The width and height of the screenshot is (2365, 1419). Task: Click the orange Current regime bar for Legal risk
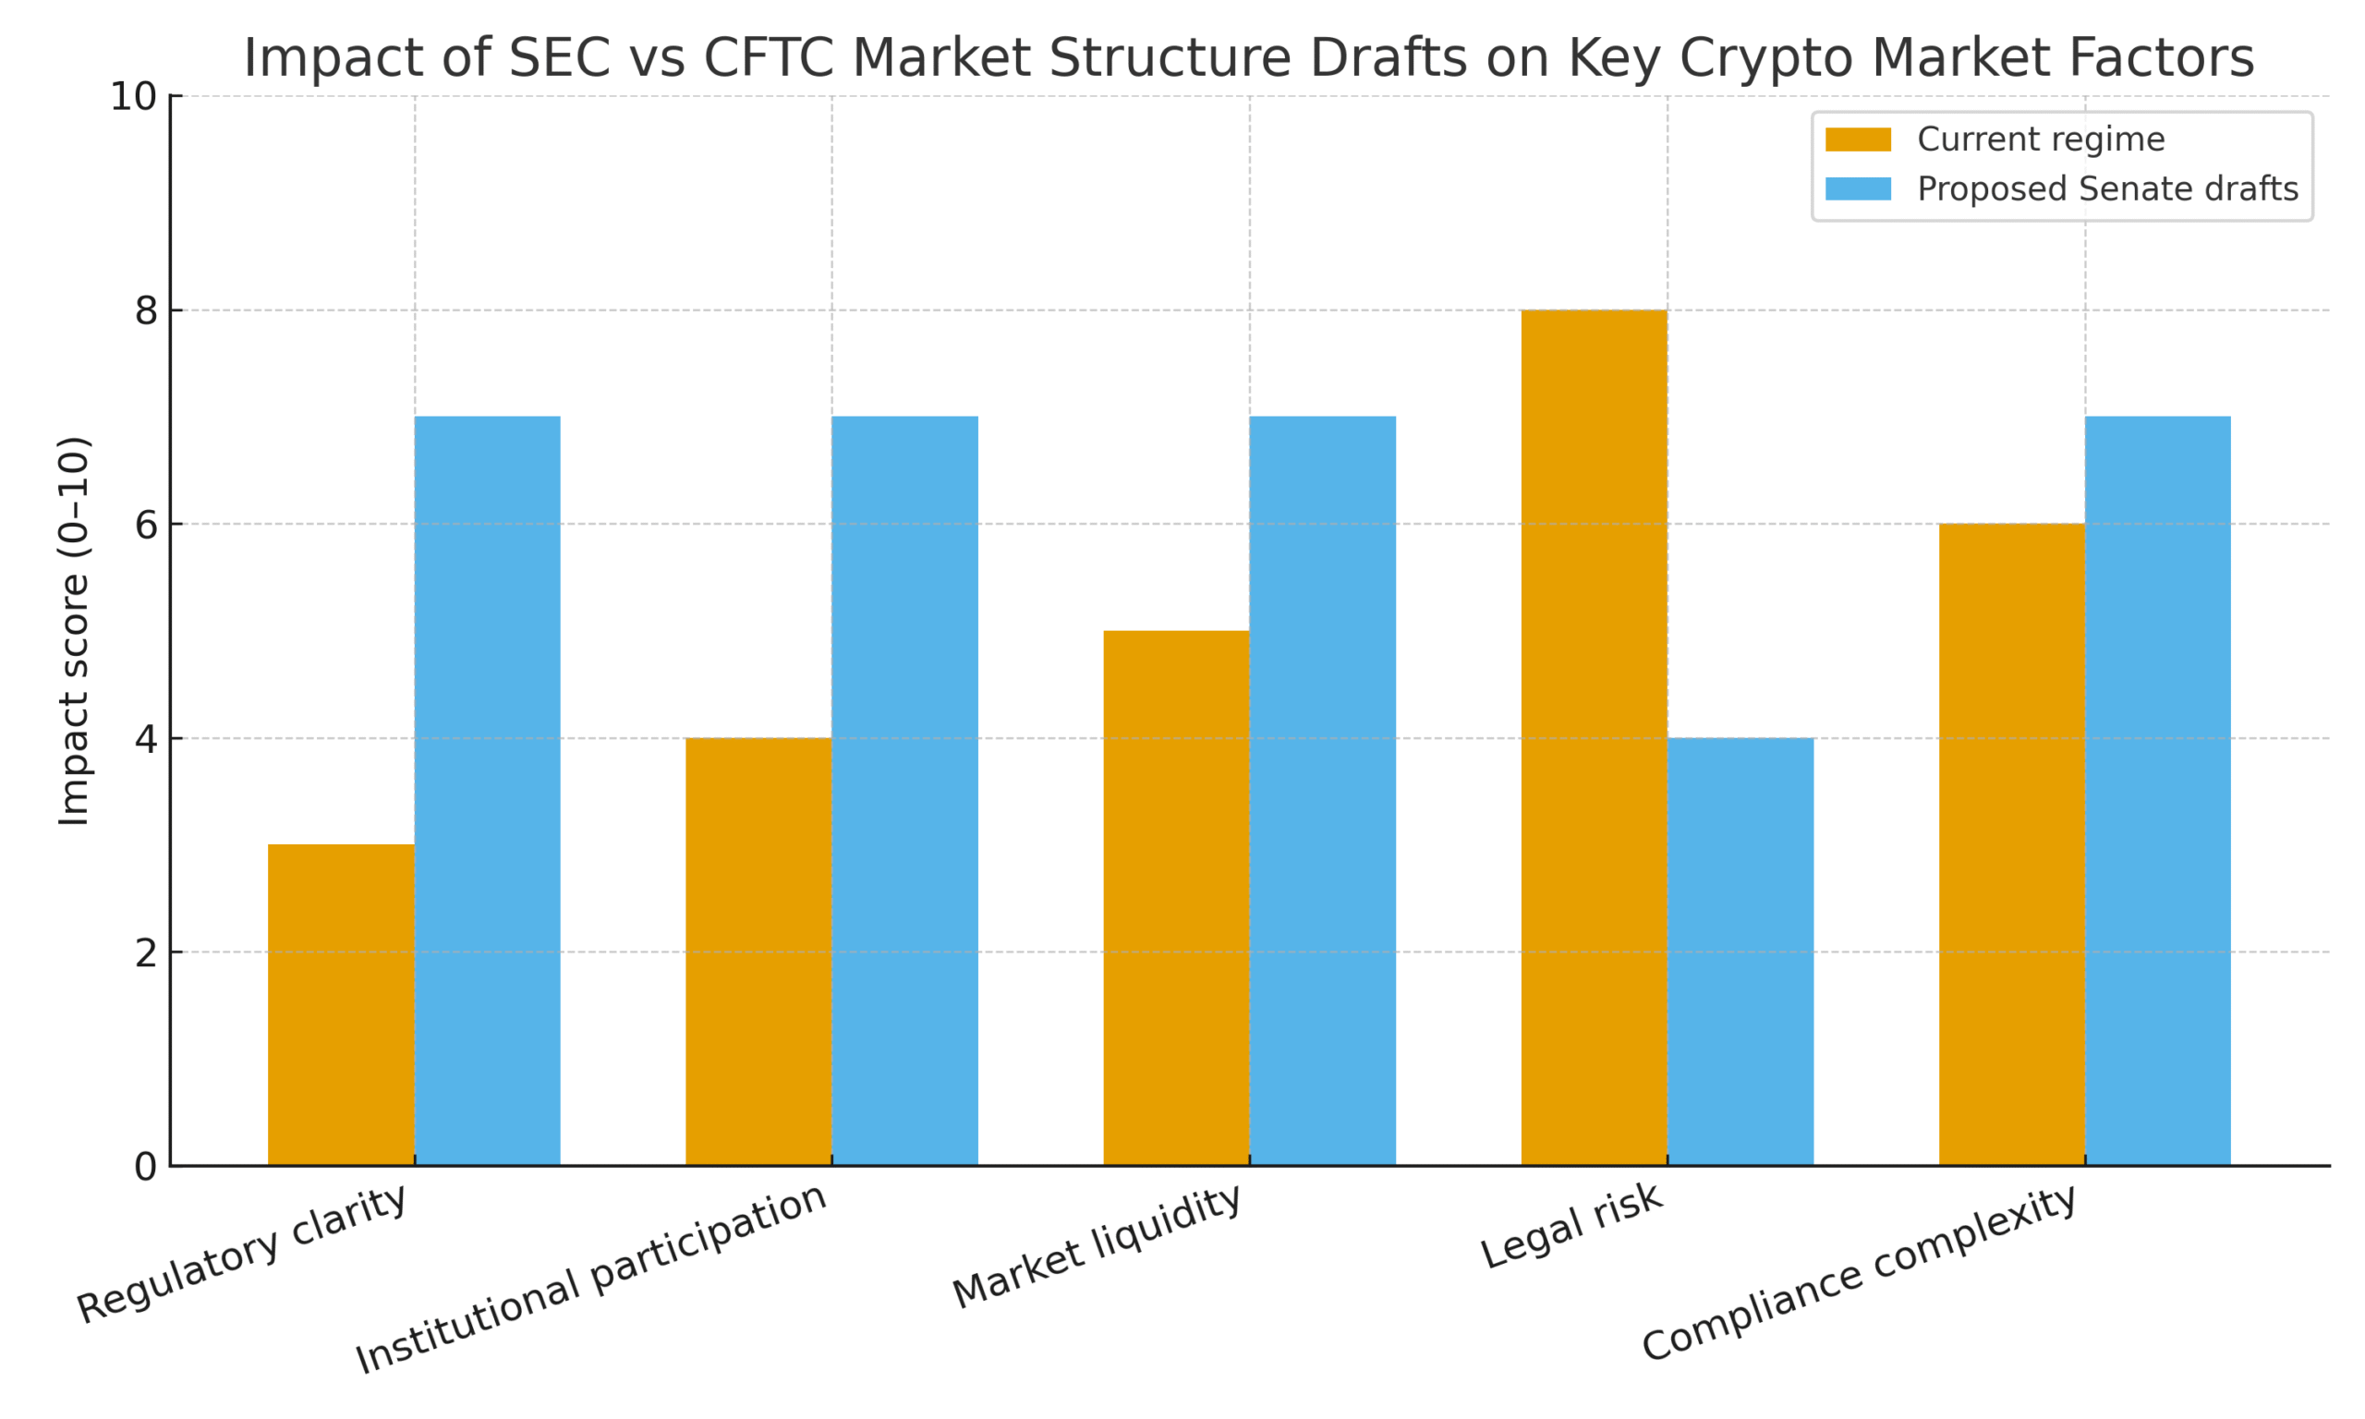pos(1594,737)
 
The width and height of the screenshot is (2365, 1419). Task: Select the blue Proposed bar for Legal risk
pos(1740,952)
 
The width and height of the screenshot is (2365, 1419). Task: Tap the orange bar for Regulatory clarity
pos(340,1004)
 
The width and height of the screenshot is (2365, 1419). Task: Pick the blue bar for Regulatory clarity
pos(488,791)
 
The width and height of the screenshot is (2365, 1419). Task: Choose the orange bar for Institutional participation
pos(758,952)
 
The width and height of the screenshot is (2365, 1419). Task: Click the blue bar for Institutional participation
pos(904,791)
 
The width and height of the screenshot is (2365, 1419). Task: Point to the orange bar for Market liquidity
pos(1176,898)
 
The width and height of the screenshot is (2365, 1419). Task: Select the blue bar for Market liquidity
pos(1322,791)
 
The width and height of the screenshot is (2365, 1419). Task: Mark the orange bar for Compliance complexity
pos(2011,844)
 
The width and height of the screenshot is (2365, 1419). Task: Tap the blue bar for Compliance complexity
pos(2157,791)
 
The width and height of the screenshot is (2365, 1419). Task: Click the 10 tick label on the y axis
pos(133,97)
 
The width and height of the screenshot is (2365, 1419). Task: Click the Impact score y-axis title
pos(74,631)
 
